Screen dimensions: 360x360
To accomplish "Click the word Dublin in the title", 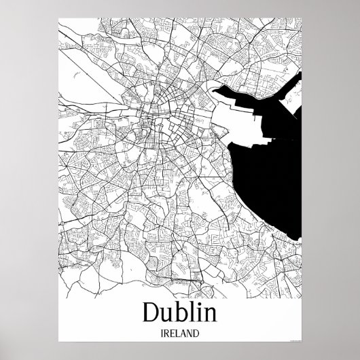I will click(x=180, y=312).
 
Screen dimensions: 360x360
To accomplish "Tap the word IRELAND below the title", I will click(x=180, y=334).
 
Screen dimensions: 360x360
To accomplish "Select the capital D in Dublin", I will click(x=153, y=312).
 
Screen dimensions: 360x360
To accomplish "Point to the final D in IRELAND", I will click(x=198, y=334).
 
